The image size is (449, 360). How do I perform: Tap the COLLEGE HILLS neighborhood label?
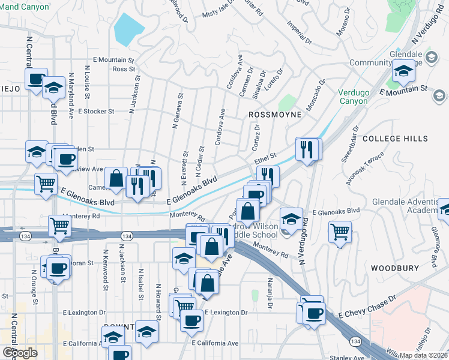click(395, 139)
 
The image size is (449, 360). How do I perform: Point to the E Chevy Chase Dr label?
click(368, 307)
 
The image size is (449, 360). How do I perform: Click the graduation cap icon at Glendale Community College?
click(404, 72)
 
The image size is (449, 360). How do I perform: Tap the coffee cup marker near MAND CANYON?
click(36, 78)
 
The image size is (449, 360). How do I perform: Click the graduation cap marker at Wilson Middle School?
click(291, 218)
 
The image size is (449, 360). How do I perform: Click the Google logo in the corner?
click(20, 352)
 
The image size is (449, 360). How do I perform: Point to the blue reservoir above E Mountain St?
click(128, 27)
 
